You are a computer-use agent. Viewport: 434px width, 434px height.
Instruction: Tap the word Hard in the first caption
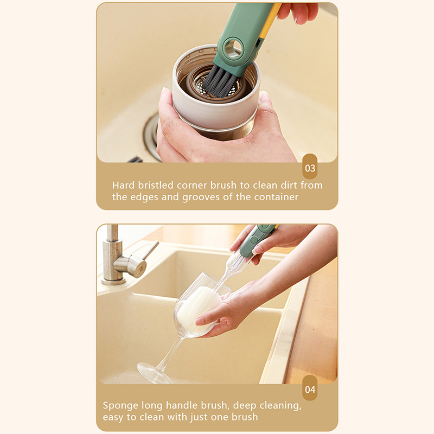123,185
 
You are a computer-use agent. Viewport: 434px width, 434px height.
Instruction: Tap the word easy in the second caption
113,417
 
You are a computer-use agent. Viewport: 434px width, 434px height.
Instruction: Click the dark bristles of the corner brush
221,81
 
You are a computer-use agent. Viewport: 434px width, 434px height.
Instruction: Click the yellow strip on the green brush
269,21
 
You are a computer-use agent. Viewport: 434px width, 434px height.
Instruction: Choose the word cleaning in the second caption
280,406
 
